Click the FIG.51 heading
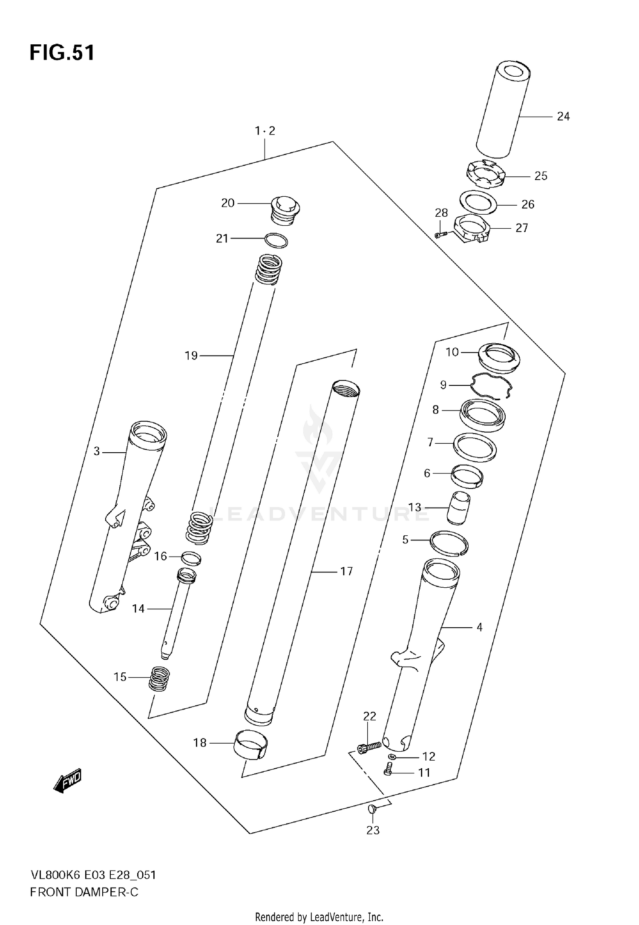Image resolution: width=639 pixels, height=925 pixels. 62,53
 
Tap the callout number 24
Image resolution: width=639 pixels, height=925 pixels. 563,116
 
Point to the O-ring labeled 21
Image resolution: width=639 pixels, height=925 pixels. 276,241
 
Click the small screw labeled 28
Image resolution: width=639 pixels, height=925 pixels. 441,234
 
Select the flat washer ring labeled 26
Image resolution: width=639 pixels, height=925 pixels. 478,202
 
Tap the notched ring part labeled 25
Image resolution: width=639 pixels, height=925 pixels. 484,174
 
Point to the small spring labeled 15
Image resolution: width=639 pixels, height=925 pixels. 159,679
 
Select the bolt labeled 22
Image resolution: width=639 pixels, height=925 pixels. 369,746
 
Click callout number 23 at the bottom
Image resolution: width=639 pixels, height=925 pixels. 373,830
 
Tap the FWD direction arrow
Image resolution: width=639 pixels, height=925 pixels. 67,781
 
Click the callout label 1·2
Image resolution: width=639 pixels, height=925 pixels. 265,131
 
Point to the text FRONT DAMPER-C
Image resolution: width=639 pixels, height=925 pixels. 84,892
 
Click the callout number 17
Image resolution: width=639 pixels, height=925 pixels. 346,571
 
